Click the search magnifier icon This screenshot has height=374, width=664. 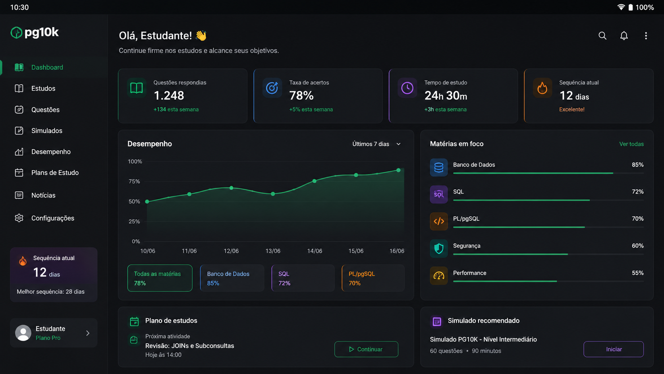click(x=602, y=36)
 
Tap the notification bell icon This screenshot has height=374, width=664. click(x=624, y=36)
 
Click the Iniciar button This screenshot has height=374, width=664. click(x=614, y=349)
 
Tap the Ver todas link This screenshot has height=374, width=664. click(x=631, y=144)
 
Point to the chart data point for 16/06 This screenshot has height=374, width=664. click(x=398, y=170)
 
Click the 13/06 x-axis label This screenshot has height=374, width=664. click(x=273, y=251)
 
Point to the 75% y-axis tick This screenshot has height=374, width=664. click(x=134, y=181)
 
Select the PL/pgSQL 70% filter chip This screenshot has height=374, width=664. click(x=373, y=278)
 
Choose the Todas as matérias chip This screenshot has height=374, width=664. click(x=160, y=278)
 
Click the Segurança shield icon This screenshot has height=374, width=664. click(x=439, y=248)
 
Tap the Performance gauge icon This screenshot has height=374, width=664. click(x=439, y=276)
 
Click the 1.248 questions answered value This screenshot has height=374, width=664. click(x=169, y=95)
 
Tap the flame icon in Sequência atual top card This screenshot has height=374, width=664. click(x=542, y=88)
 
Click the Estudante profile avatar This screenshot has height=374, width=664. click(x=23, y=333)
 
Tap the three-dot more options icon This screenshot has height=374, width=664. click(x=646, y=36)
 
